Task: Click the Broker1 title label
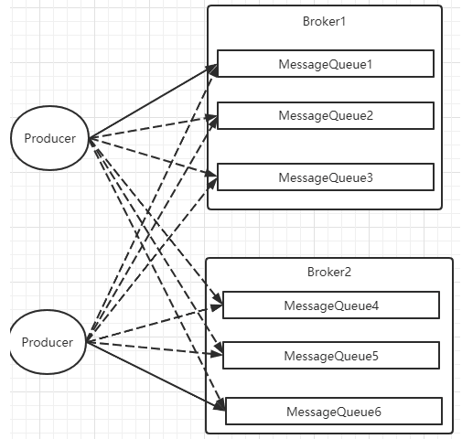[324, 21]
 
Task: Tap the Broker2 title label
[329, 272]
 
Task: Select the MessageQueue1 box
[326, 64]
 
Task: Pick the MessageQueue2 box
[326, 116]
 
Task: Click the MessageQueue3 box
[326, 177]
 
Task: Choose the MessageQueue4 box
[331, 305]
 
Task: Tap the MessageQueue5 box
[331, 356]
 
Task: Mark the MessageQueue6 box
[334, 412]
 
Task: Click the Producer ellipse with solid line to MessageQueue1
[49, 138]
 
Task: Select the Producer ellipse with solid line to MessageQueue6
[48, 342]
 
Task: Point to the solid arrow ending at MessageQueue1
[153, 102]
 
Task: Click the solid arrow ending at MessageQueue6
[156, 376]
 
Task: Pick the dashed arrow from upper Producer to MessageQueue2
[153, 127]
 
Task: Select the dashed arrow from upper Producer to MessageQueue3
[153, 157]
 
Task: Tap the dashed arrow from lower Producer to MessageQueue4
[155, 324]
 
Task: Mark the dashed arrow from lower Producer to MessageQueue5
[155, 348]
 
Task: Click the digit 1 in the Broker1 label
[343, 22]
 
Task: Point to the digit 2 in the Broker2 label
[348, 272]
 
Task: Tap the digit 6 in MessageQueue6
[378, 412]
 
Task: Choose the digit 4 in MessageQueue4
[375, 305]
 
